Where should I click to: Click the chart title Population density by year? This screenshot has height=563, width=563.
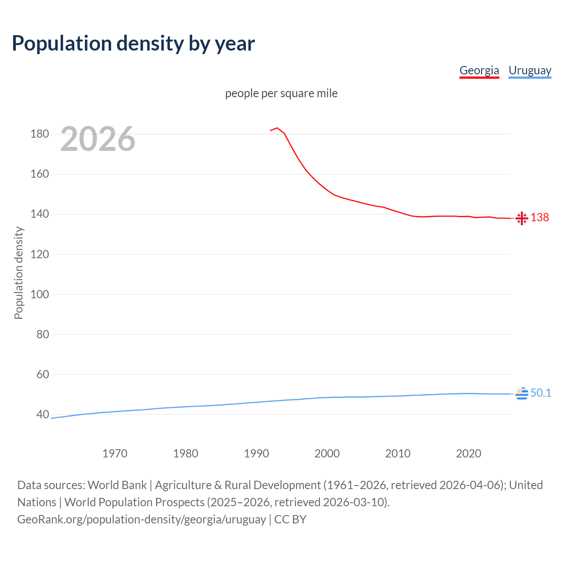(x=133, y=44)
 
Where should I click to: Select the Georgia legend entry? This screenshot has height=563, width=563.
(x=479, y=70)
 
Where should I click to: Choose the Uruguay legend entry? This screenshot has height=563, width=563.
(x=530, y=70)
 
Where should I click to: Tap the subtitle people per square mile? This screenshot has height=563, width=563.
(x=281, y=93)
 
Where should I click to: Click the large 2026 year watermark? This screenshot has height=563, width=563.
(x=98, y=139)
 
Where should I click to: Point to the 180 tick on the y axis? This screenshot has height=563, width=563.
(x=40, y=134)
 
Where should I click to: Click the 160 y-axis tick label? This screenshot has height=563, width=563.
(x=40, y=174)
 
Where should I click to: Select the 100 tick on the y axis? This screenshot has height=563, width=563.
(x=40, y=294)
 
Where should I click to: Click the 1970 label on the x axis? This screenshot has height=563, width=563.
(x=115, y=453)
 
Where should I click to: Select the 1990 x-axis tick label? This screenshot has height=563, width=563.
(x=256, y=453)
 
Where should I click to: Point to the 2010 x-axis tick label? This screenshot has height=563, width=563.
(x=398, y=453)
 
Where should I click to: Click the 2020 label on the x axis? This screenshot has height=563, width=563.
(x=468, y=453)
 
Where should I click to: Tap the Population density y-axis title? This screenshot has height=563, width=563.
(x=18, y=273)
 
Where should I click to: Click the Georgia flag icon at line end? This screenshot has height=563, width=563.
(x=522, y=218)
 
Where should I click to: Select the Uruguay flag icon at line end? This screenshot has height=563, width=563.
(x=522, y=393)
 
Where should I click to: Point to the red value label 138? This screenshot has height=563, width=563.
(x=540, y=218)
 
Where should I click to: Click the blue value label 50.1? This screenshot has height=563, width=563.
(x=541, y=393)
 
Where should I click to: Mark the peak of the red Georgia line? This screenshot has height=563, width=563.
(x=277, y=128)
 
